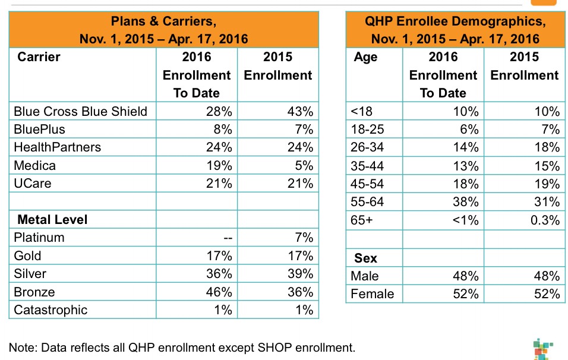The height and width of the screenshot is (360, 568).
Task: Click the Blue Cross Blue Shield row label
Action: point(80,111)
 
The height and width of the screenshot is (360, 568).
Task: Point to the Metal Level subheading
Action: point(52,219)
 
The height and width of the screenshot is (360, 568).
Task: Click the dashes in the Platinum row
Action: point(226,238)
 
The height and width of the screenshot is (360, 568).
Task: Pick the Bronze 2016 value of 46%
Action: point(219,292)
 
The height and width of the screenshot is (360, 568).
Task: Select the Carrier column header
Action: point(39,57)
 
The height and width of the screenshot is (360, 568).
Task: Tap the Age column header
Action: point(365,57)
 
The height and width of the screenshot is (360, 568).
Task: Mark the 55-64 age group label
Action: point(368,201)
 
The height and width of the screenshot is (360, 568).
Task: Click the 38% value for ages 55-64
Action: point(465,201)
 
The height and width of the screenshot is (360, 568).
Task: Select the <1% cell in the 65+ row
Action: point(465,220)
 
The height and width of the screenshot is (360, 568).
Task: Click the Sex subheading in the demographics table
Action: point(365,258)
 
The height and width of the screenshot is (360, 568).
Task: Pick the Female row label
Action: point(373,294)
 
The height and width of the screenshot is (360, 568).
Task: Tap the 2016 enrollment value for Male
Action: point(465,276)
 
